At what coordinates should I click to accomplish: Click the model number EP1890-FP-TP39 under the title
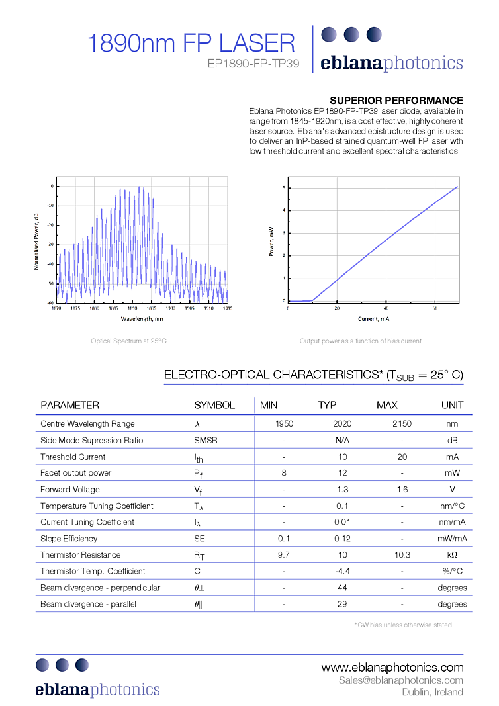tap(253, 64)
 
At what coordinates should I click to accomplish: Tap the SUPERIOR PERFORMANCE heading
tap(396, 100)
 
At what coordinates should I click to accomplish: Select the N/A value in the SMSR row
tap(343, 441)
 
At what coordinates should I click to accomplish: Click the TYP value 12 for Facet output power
tap(343, 473)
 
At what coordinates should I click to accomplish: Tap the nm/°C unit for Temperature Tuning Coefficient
tap(452, 506)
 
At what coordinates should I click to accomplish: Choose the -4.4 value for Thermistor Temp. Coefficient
tap(343, 571)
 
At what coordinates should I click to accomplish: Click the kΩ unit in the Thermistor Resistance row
tap(452, 555)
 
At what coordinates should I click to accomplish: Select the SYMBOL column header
tap(214, 405)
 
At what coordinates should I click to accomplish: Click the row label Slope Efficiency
tap(69, 539)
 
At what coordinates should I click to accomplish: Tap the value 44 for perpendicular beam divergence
tap(343, 588)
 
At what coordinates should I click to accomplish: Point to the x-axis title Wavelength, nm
tap(142, 318)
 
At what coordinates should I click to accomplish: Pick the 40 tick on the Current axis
tap(386, 308)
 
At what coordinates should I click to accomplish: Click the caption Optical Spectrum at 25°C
tap(129, 341)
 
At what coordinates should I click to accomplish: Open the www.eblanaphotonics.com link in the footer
tap(392, 667)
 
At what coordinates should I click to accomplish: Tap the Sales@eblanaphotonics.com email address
tap(400, 680)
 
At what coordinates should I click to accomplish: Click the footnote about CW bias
tap(403, 624)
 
